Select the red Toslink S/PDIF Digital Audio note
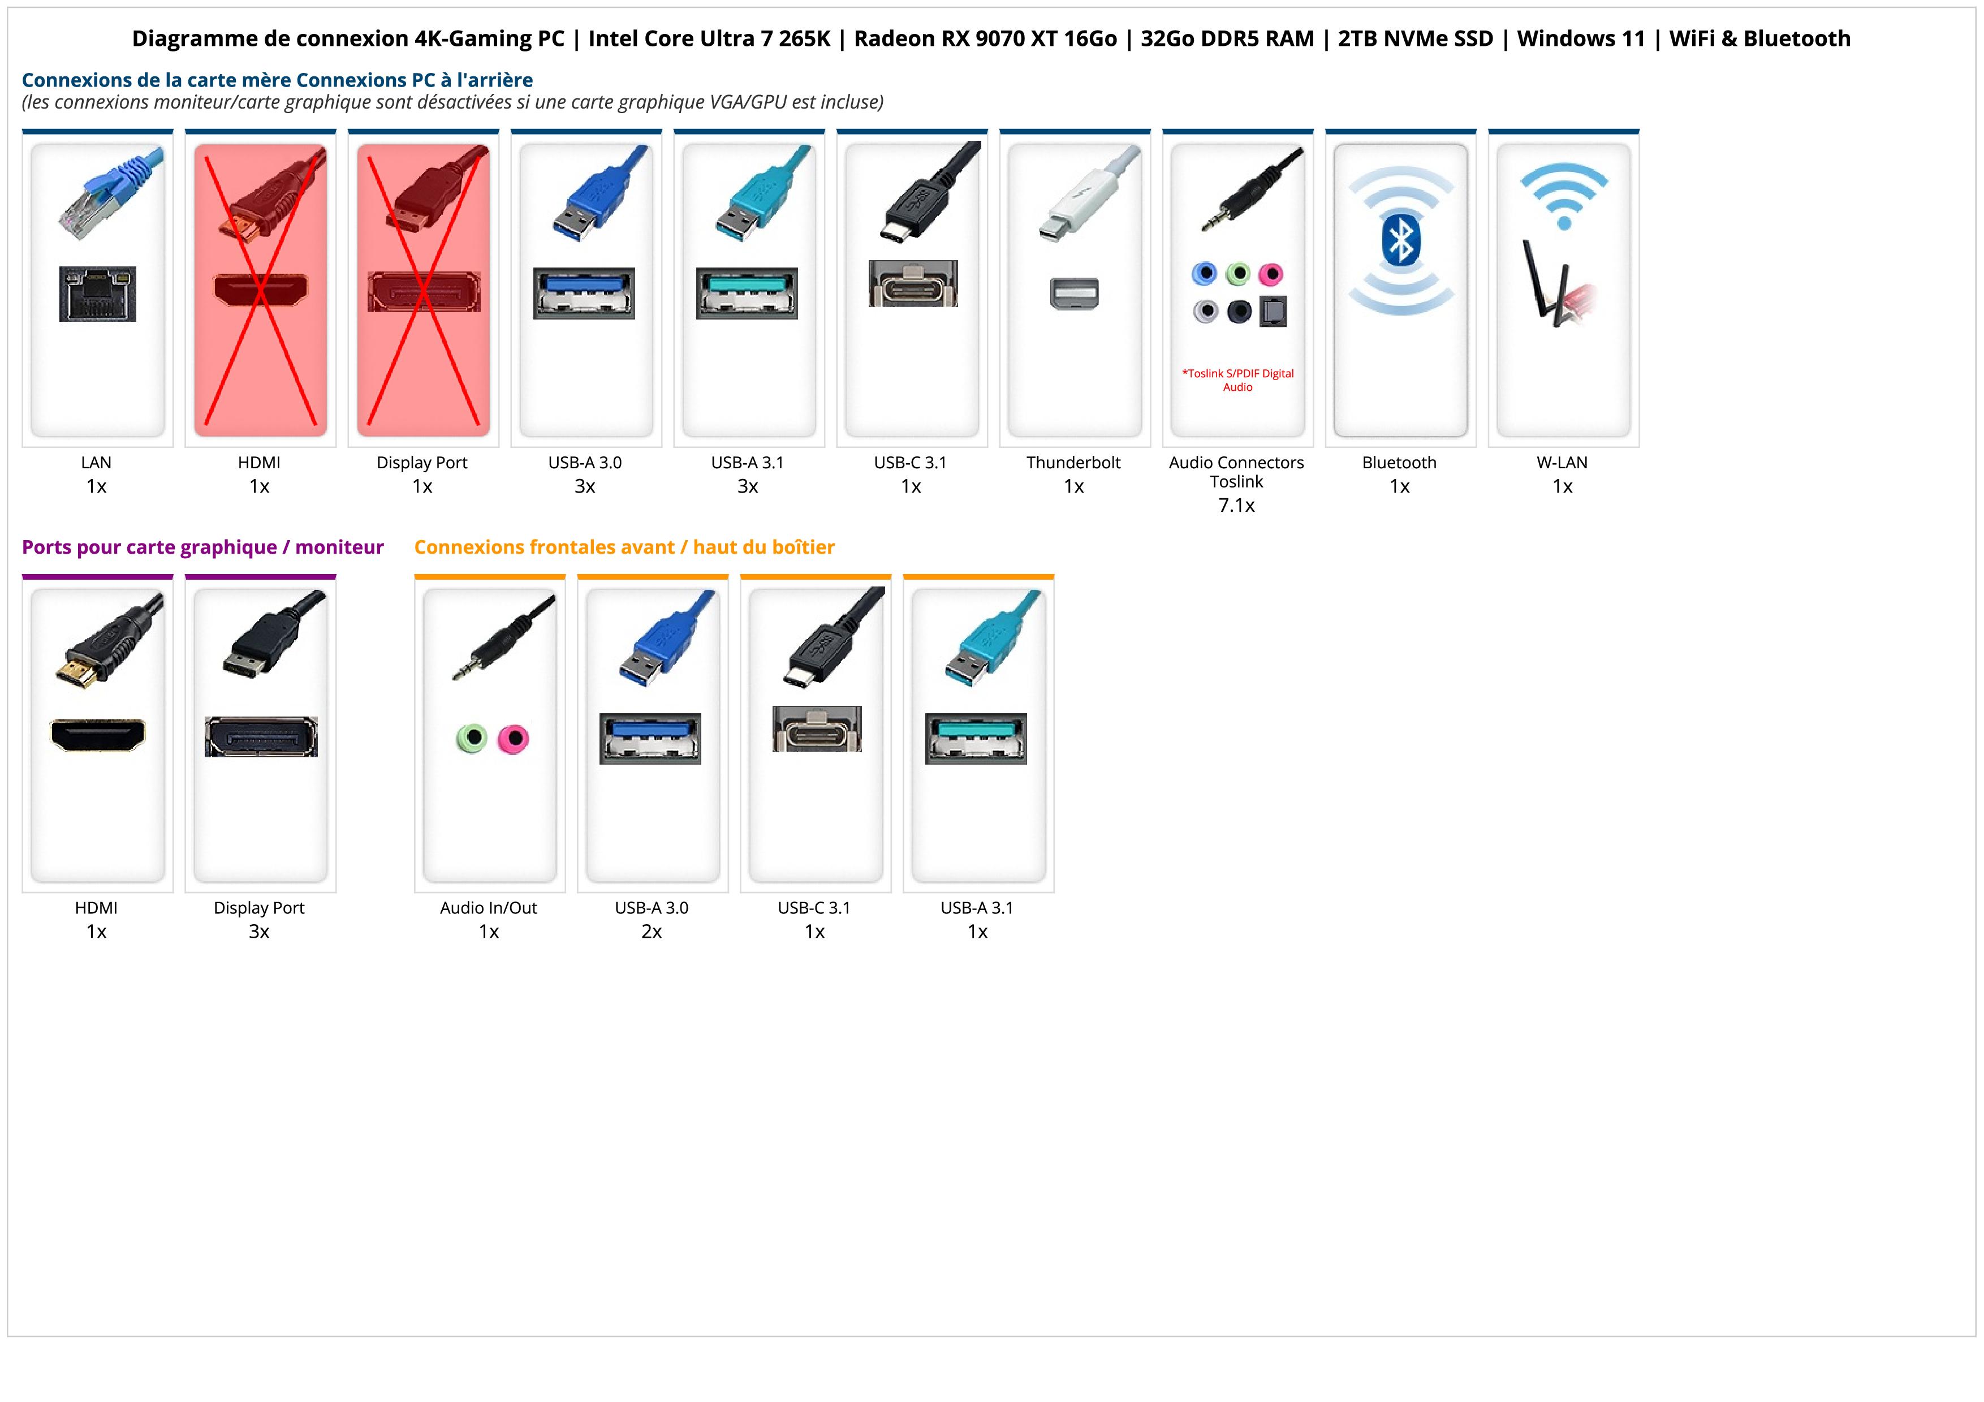1237,380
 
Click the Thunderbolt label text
1073,462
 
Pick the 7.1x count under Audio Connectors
1236,506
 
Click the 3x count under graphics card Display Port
259,931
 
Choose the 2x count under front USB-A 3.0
652,931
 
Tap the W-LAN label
1562,462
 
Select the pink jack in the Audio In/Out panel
514,739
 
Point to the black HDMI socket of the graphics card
98,735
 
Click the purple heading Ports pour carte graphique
202,547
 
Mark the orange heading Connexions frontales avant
624,547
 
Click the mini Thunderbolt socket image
1074,293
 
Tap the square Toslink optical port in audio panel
1273,311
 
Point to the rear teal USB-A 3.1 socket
748,294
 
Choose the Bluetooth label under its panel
1399,462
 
